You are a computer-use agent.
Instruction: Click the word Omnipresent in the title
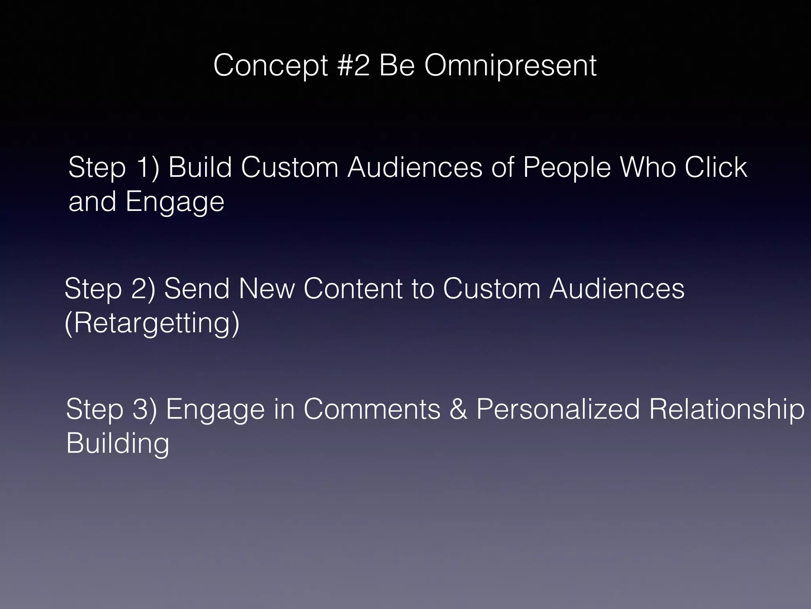(x=510, y=66)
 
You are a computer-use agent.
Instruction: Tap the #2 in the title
(x=354, y=66)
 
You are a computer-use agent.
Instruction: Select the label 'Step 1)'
(x=114, y=168)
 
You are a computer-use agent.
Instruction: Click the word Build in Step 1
(x=200, y=167)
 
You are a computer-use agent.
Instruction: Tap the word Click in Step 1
(x=716, y=167)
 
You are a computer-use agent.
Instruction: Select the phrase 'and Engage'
(x=146, y=202)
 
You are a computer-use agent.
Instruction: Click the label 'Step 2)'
(x=110, y=289)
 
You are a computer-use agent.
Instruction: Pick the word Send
(x=197, y=289)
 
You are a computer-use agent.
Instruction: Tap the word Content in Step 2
(x=353, y=289)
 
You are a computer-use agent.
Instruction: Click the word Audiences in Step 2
(x=617, y=289)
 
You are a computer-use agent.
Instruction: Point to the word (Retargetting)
(x=152, y=323)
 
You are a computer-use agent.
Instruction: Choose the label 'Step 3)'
(x=111, y=410)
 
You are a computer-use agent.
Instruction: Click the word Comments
(x=372, y=410)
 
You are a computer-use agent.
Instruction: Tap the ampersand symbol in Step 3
(x=458, y=410)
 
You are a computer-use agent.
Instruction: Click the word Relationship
(x=727, y=410)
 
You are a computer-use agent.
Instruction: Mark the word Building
(x=118, y=444)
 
